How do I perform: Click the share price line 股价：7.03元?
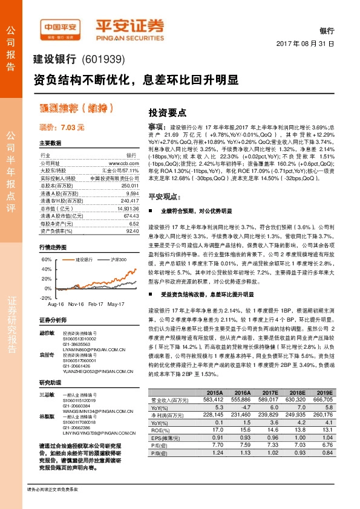pyautogui.click(x=62, y=128)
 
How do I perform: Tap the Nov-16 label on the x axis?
pyautogui.click(x=76, y=304)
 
